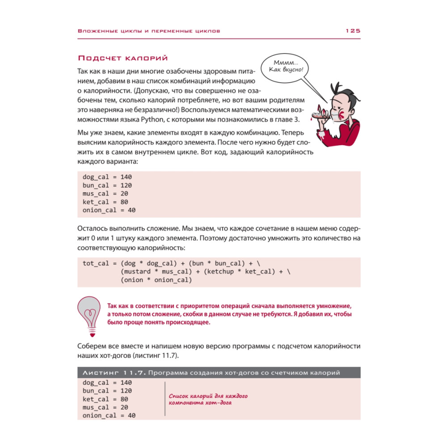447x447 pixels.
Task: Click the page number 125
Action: click(x=352, y=31)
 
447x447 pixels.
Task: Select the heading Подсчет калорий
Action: click(x=122, y=58)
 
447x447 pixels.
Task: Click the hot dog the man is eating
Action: click(x=320, y=116)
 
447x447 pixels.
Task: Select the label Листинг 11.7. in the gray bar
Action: click(x=111, y=372)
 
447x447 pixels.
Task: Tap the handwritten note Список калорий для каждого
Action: click(x=209, y=396)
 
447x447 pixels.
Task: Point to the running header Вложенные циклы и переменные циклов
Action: click(x=149, y=31)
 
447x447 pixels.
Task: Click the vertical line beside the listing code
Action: click(x=165, y=399)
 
